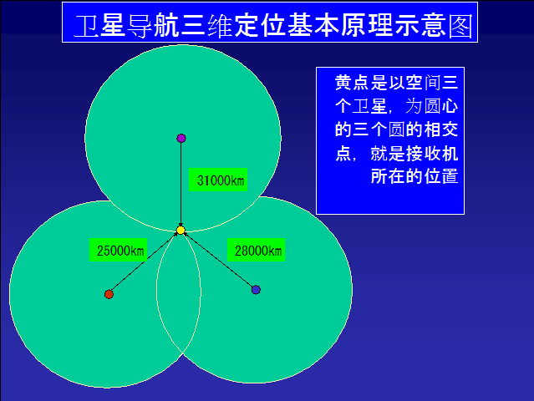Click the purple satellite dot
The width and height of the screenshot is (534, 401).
tap(181, 138)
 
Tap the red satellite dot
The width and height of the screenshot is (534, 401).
tap(109, 294)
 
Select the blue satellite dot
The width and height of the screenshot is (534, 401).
tap(256, 290)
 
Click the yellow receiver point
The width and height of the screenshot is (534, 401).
tap(181, 231)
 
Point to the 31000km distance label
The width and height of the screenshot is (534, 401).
tap(218, 180)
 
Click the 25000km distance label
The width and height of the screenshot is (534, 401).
tap(118, 250)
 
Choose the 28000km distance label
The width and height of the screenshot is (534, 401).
tap(256, 250)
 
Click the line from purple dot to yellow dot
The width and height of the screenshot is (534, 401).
tap(181, 184)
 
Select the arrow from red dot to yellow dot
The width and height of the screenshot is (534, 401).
tap(145, 262)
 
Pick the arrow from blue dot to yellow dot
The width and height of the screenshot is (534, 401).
tap(218, 260)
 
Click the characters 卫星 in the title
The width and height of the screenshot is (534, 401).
tap(99, 26)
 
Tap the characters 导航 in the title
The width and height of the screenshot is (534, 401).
tap(153, 26)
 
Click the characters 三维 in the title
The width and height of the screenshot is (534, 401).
tap(206, 26)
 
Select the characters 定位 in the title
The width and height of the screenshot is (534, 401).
tap(260, 26)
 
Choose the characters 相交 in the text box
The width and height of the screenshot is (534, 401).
tap(440, 129)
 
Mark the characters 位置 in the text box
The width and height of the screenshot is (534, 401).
tap(440, 176)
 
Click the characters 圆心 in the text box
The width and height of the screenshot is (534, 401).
tap(440, 106)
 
